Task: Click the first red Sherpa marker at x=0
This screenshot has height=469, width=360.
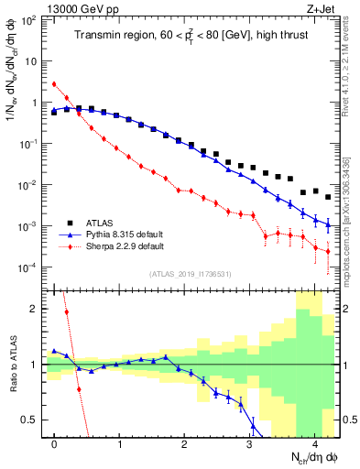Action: [55, 84]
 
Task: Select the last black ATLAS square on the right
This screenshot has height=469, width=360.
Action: [328, 197]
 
